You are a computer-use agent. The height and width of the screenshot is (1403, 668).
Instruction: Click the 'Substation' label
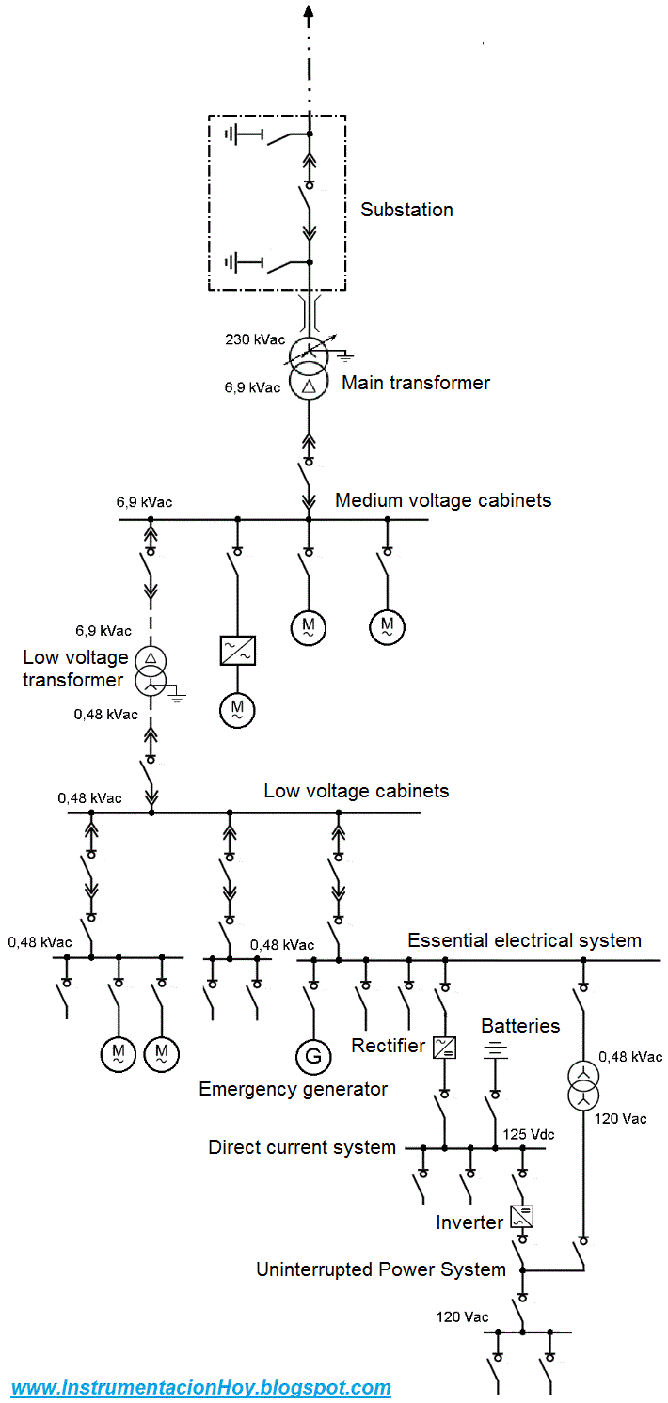(x=406, y=210)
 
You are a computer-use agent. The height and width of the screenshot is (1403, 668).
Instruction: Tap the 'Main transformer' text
(x=415, y=383)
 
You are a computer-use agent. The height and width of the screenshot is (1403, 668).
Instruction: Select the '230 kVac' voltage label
(x=254, y=339)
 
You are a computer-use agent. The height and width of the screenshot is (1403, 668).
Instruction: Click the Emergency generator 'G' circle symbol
(x=313, y=1056)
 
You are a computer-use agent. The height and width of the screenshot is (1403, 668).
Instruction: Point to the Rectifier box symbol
(x=444, y=1047)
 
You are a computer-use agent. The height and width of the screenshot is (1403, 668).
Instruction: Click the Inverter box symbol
(x=522, y=1218)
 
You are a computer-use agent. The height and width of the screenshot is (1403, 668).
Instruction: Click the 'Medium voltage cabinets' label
(x=443, y=500)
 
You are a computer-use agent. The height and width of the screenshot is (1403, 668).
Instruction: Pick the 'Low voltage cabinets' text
(x=356, y=791)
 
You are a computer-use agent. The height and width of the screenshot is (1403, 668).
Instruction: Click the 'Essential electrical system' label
(x=524, y=940)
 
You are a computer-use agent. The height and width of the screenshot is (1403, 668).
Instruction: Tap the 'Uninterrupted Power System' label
(x=381, y=1269)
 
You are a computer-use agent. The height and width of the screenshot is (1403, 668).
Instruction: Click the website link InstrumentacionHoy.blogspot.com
(x=201, y=1387)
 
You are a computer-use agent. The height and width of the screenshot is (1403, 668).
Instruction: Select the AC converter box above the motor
(x=238, y=651)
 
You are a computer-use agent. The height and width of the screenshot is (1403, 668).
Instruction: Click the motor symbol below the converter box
(x=237, y=709)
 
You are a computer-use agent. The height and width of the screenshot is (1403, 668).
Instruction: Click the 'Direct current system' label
(x=302, y=1147)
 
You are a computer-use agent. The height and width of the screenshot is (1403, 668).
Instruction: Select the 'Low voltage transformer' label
(x=73, y=669)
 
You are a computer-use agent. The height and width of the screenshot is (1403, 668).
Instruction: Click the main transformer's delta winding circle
(x=309, y=384)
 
